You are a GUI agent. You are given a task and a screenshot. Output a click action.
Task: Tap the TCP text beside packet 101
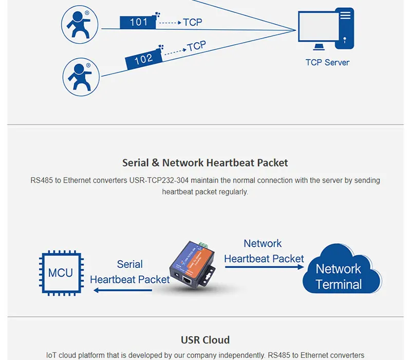click(x=193, y=22)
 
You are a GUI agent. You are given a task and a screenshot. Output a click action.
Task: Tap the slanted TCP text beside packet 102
click(x=196, y=46)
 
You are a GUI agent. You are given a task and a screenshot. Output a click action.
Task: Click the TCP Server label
click(x=327, y=62)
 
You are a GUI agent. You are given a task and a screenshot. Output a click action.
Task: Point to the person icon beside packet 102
click(x=81, y=77)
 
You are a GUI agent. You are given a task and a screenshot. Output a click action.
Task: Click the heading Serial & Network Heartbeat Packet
click(x=205, y=163)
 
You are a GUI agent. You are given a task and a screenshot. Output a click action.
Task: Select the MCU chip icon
click(x=60, y=273)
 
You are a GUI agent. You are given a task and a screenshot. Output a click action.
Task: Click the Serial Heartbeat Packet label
click(x=129, y=272)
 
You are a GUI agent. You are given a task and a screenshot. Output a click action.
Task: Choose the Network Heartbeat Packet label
click(x=264, y=251)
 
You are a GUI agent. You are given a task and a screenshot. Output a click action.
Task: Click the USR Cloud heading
click(x=205, y=340)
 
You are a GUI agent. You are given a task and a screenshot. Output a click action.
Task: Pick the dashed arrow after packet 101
click(x=170, y=23)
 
